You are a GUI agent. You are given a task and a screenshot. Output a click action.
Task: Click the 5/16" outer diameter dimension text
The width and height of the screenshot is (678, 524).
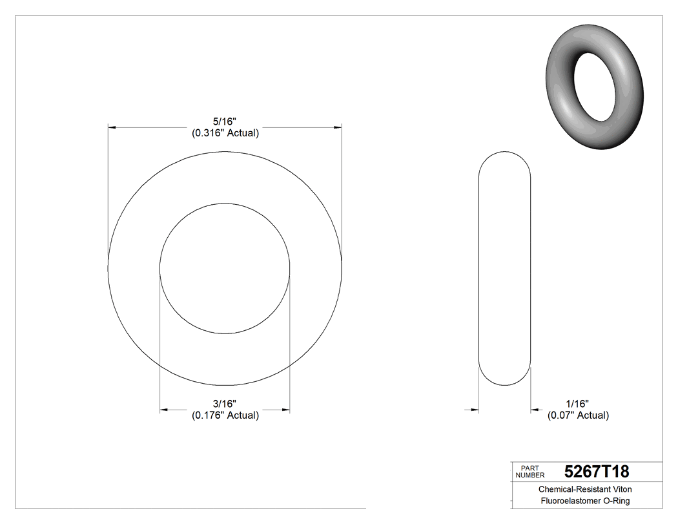225,121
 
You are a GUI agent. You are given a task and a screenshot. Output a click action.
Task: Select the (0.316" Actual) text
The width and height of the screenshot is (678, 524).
225,133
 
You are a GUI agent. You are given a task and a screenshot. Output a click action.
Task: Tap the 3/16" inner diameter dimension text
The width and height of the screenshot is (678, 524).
225,403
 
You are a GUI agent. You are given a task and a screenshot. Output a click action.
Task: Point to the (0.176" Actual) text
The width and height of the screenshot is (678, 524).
225,415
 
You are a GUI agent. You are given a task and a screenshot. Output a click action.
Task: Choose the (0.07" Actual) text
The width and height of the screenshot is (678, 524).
578,415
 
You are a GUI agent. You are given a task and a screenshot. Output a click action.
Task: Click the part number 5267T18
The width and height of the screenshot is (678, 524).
596,471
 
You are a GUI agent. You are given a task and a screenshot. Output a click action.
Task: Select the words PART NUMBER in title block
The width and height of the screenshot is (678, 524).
531,471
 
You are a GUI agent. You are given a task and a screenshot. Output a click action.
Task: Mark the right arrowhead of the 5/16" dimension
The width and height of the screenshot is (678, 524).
337,128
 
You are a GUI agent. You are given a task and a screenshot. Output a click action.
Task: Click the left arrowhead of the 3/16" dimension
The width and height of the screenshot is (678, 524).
164,410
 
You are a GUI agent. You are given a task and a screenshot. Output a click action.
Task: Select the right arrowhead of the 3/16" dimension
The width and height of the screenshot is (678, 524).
285,410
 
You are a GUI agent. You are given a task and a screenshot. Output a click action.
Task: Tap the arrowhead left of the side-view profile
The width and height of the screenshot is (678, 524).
475,410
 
